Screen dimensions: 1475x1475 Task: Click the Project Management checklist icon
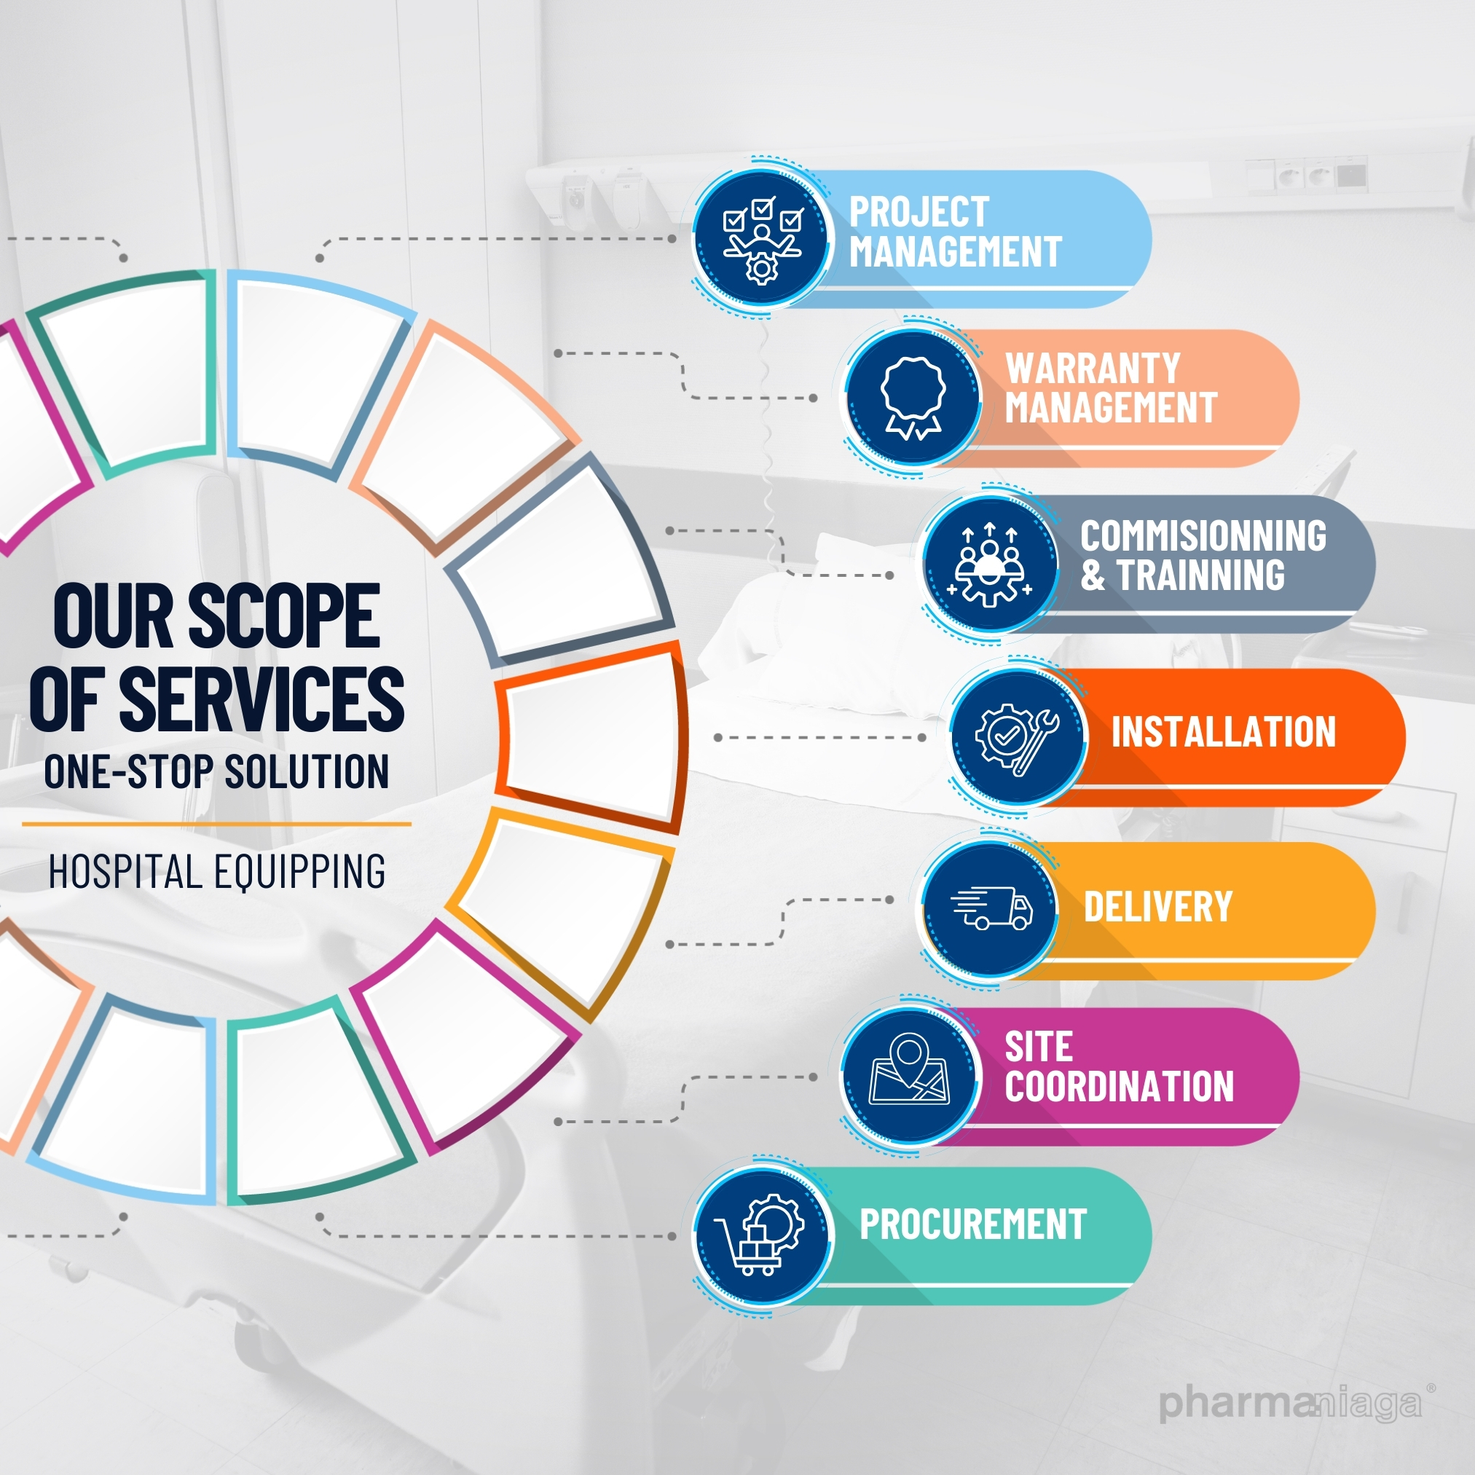(x=761, y=238)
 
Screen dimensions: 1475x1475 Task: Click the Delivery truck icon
(x=991, y=908)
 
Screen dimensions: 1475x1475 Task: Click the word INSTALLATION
(x=1223, y=732)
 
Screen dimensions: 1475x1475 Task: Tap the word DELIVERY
(x=1157, y=907)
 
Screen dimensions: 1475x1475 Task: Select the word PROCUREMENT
(x=972, y=1224)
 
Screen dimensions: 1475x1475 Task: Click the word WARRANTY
(x=1093, y=369)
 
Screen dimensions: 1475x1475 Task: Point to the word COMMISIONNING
(x=1203, y=536)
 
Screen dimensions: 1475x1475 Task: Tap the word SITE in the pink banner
(x=1038, y=1047)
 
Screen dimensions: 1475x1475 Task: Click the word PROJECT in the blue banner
(x=919, y=212)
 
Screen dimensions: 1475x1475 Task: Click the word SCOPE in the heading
(x=284, y=615)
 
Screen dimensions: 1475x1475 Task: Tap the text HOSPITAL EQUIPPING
(x=217, y=871)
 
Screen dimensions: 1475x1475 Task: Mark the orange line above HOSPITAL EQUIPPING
(x=217, y=824)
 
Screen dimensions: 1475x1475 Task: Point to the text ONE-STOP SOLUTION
(x=217, y=771)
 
